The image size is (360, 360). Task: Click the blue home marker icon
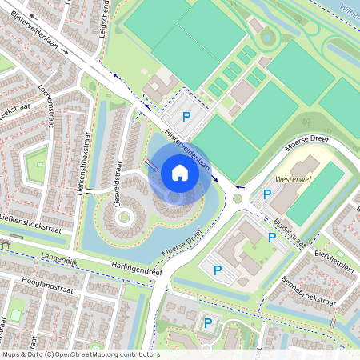180,173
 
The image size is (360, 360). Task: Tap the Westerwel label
291,181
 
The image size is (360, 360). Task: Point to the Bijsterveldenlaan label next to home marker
186,149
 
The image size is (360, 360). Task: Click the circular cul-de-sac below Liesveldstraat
124,217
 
